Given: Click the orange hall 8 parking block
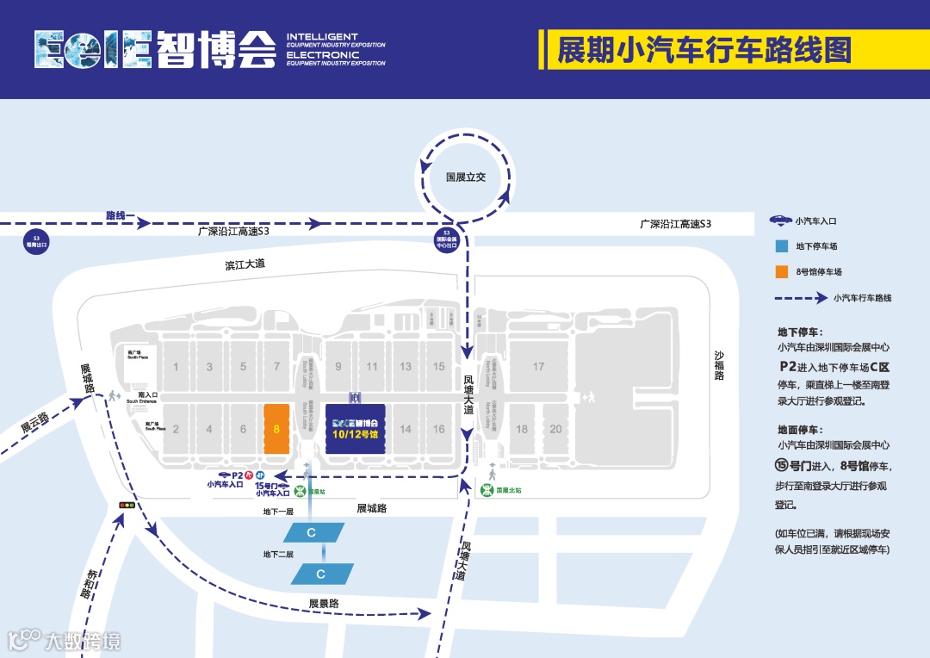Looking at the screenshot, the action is (276, 428).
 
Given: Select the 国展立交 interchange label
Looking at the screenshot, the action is (466, 177).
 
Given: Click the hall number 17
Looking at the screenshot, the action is (538, 367).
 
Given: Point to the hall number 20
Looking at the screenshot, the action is (555, 429).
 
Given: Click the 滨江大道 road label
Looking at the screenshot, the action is (245, 264).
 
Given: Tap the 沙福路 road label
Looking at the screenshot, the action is (720, 365).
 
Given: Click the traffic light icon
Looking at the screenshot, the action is (127, 505).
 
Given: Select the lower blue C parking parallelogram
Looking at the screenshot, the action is (321, 574).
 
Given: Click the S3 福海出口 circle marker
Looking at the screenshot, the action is (36, 240).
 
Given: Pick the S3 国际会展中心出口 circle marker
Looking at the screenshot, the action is (446, 239).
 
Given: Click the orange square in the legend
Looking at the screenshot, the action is (782, 272).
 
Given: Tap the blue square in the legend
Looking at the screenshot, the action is (782, 246).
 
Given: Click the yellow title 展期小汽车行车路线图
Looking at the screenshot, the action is (704, 50).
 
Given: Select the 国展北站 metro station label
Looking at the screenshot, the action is (508, 490).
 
